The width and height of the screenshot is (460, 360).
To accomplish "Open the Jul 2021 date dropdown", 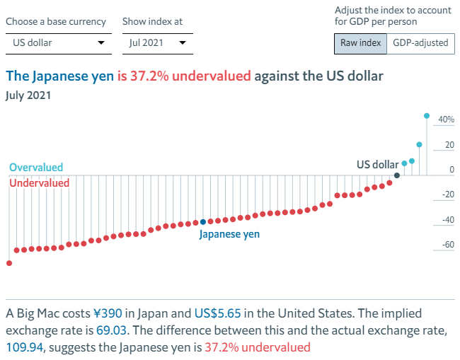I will [x=157, y=43].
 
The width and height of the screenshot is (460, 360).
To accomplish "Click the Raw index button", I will [x=360, y=43].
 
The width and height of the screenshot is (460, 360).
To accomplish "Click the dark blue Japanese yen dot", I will [x=203, y=222].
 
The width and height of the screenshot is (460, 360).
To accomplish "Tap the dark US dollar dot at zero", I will [x=397, y=175].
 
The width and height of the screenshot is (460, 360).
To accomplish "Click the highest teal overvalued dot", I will [x=426, y=115].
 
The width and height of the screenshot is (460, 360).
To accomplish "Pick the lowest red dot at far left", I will [x=9, y=263].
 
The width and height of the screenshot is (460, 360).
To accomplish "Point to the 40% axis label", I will [x=446, y=120].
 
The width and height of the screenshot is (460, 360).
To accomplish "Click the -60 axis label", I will [x=445, y=245].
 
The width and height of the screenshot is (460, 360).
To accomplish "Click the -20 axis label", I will [x=445, y=195].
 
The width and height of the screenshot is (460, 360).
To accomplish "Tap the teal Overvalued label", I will [x=36, y=168].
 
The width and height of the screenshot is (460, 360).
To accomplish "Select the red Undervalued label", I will [x=39, y=183].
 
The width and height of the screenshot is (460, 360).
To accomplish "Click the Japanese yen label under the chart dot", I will [x=229, y=234].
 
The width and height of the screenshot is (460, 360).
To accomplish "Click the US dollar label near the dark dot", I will [x=377, y=165].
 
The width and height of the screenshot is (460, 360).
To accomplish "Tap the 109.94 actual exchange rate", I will [x=24, y=347].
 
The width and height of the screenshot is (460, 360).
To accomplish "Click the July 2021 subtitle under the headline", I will [x=29, y=95].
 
